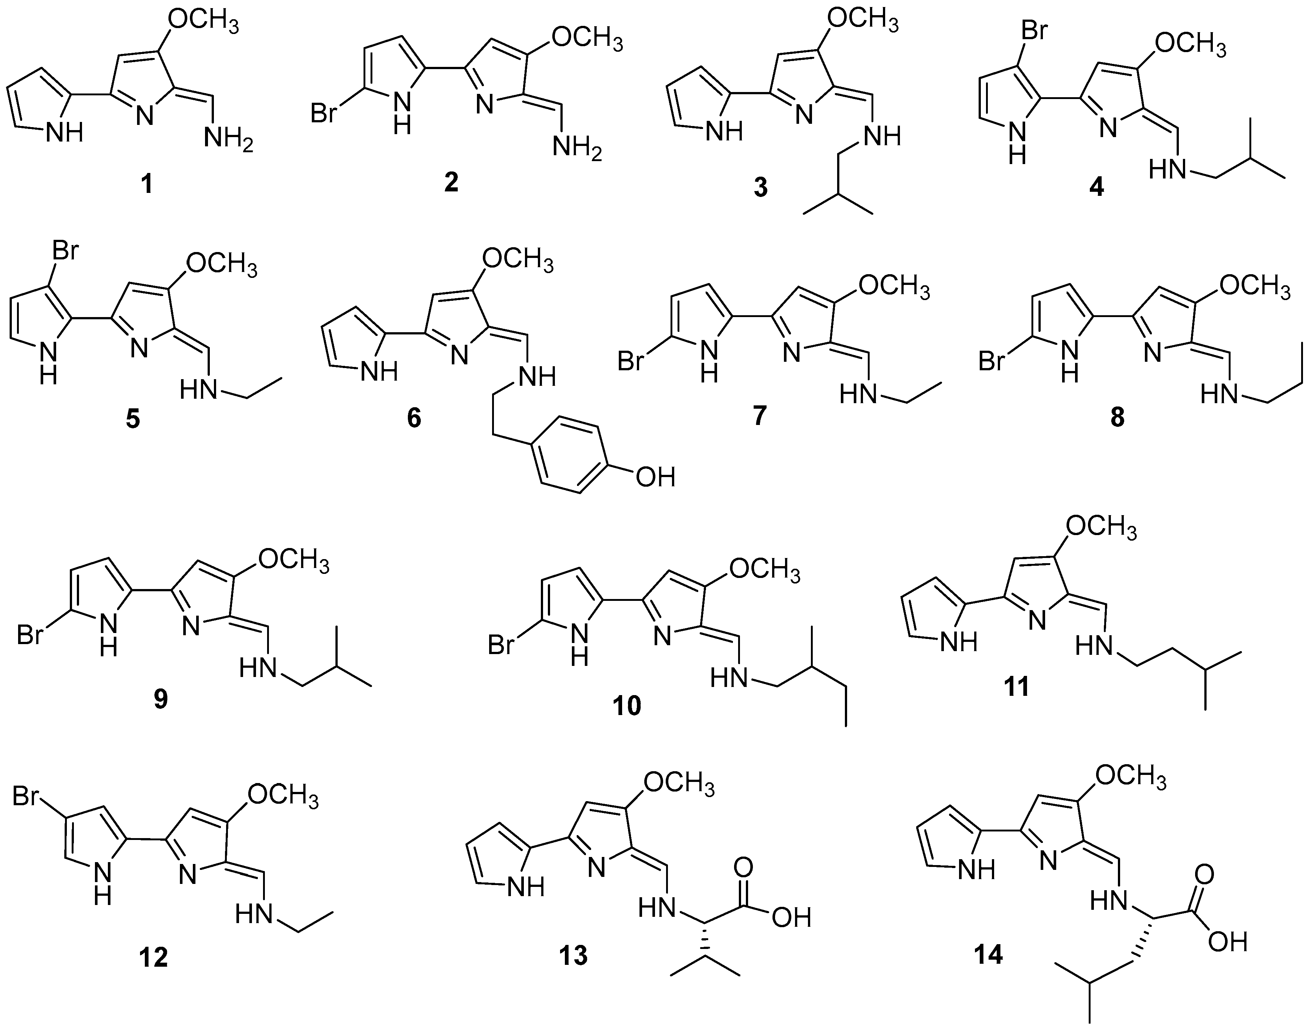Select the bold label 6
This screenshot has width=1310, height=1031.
click(414, 418)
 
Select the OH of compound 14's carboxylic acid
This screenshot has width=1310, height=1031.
click(1228, 941)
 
